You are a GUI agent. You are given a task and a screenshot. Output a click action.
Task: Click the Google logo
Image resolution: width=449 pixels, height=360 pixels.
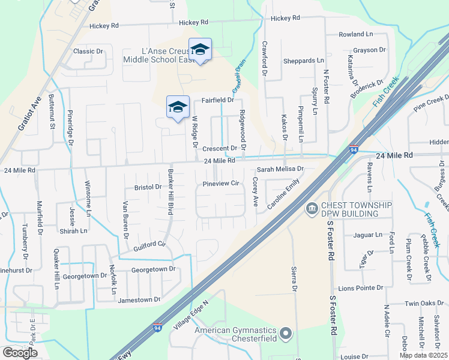coord(20,353)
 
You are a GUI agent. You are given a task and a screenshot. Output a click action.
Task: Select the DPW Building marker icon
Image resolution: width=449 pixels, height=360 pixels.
coord(311,209)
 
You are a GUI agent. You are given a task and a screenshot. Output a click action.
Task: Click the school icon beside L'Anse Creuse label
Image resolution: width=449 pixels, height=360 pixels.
coord(200,49)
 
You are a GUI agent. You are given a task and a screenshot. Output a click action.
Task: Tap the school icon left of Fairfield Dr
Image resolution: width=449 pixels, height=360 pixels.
coord(178,107)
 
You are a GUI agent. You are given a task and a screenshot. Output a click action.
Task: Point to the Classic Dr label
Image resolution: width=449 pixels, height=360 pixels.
coord(88,51)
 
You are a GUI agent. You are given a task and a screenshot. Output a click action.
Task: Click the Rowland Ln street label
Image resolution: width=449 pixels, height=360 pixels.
coord(356,35)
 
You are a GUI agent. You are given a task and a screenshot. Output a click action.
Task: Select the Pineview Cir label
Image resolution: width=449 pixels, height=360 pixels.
coord(221,184)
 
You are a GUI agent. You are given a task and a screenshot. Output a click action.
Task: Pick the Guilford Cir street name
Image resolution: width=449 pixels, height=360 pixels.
coord(149,245)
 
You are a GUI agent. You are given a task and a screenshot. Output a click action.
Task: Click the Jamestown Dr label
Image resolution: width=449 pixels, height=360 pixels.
coord(140,299)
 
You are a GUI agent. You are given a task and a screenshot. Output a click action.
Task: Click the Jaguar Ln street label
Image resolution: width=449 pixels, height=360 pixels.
coord(368,235)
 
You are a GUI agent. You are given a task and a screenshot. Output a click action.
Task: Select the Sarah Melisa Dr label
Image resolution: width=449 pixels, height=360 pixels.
coord(281,170)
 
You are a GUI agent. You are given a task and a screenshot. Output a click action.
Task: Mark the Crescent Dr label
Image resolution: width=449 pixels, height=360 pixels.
coord(220,148)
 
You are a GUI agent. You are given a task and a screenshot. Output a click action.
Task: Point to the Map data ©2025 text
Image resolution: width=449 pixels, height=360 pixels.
coord(423,355)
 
